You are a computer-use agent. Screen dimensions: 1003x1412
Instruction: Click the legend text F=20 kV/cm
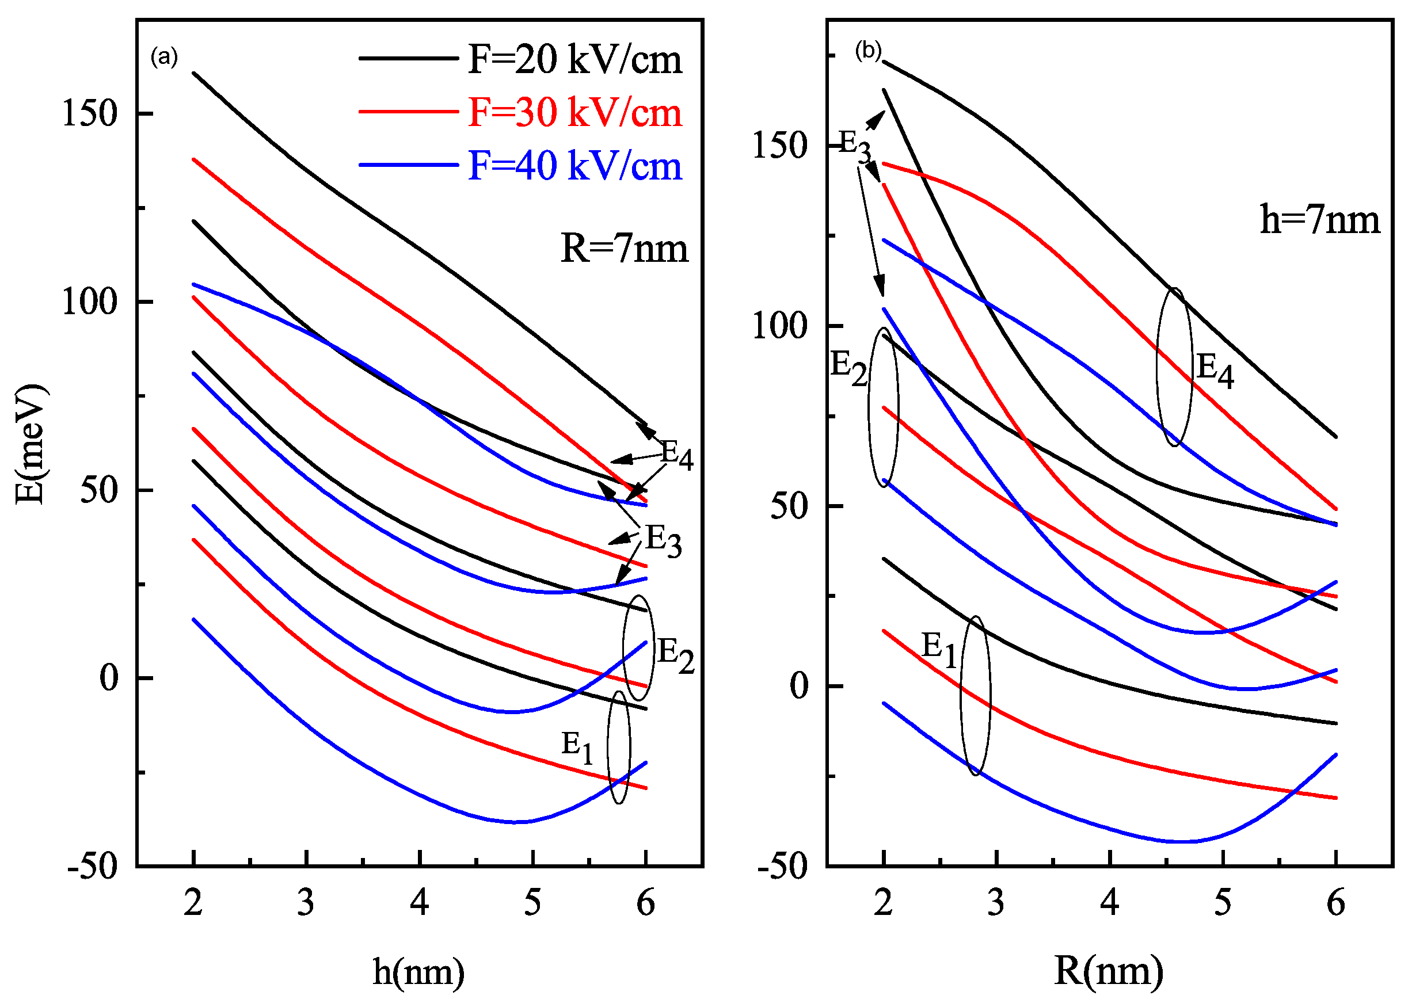574,59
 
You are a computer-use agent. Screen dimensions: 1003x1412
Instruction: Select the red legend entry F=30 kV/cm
574,112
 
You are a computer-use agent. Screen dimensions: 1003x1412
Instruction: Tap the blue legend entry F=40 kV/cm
574,166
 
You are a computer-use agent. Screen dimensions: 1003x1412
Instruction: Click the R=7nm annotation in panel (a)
624,249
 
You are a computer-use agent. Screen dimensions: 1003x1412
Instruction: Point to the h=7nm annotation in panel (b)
1319,220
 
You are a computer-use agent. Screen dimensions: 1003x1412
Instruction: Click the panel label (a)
164,57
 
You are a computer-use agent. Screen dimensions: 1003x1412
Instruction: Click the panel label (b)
868,51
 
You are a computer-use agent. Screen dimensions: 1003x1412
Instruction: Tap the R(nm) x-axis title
1109,970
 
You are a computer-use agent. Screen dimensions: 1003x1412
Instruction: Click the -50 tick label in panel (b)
782,866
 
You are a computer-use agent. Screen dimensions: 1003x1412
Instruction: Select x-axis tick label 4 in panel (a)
420,902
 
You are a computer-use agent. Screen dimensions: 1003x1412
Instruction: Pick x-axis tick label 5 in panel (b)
1223,902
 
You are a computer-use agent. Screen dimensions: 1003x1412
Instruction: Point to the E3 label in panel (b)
855,146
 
